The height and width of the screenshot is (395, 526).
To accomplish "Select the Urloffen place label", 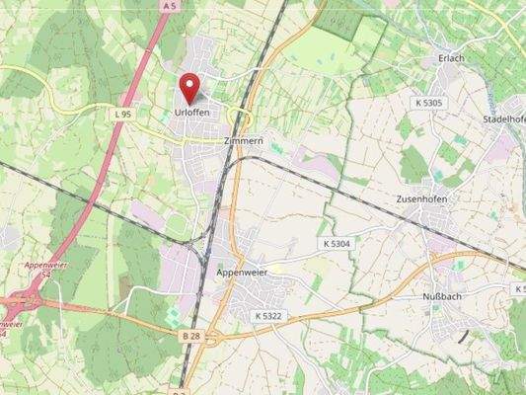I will click(192, 114).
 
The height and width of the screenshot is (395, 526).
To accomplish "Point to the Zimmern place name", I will click(244, 141).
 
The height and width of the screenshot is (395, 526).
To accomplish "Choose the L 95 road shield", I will click(122, 115).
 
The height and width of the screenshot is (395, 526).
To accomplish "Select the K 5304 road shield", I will click(337, 243).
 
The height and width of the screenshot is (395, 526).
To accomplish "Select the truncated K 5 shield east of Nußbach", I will click(518, 288).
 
